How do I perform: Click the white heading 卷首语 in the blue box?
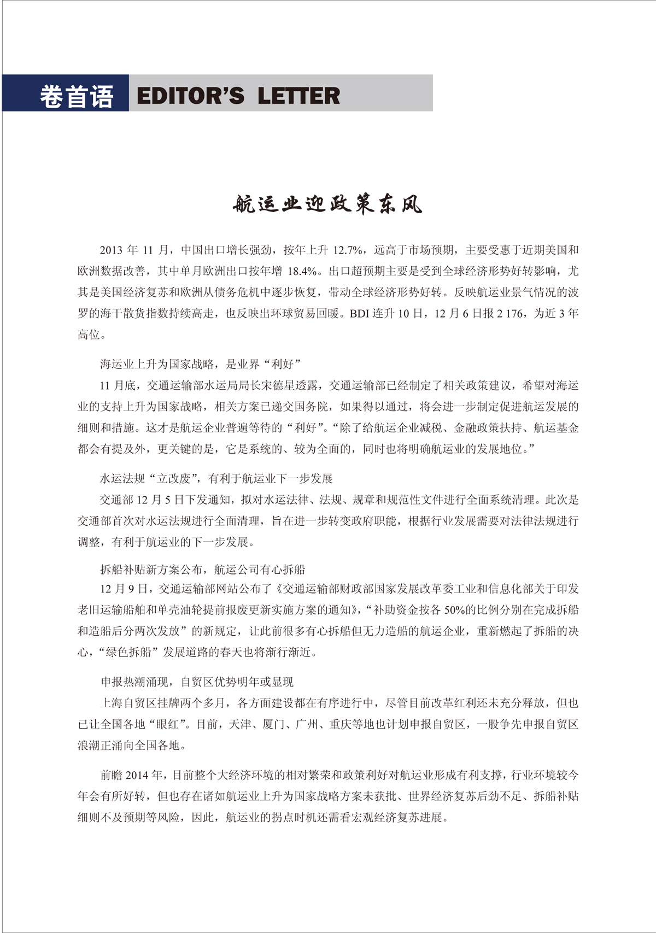point(76,96)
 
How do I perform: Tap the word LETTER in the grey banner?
point(298,96)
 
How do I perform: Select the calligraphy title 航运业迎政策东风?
point(327,204)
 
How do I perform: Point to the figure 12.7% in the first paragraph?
point(348,250)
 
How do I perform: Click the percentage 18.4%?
point(302,272)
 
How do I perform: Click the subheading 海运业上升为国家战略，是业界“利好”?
point(201,364)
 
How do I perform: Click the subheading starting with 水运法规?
point(216,479)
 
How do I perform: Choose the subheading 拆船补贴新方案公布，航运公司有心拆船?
point(202,570)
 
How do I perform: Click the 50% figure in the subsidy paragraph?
point(453,610)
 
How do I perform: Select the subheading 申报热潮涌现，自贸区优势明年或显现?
point(197,682)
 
